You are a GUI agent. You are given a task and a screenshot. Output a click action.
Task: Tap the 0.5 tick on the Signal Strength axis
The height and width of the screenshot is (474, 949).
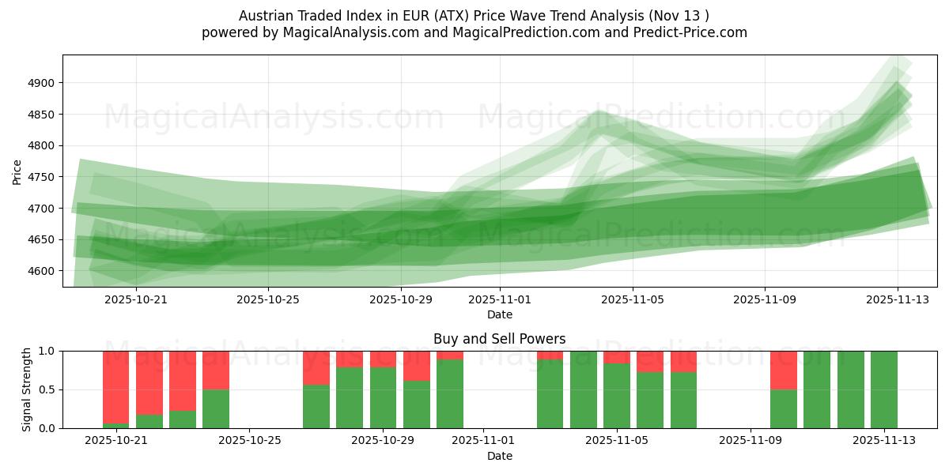(x=47, y=389)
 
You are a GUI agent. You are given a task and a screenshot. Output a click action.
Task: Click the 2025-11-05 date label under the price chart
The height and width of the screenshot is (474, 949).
(x=632, y=300)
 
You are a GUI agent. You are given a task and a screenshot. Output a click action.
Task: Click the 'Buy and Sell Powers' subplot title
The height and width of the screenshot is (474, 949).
(x=499, y=339)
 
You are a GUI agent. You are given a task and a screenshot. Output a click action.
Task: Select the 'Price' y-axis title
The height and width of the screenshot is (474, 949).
(x=17, y=171)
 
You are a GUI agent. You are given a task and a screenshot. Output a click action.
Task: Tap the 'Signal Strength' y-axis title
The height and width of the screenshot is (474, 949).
(x=26, y=389)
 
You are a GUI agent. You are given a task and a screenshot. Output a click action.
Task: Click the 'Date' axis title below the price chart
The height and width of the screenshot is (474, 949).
(x=499, y=314)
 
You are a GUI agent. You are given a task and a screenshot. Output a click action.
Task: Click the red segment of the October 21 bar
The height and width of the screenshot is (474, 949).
(x=116, y=375)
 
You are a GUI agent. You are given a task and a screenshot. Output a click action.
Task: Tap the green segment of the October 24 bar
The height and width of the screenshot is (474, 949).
(x=216, y=408)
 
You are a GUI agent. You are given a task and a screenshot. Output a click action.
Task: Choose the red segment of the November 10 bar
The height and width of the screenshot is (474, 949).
(x=783, y=370)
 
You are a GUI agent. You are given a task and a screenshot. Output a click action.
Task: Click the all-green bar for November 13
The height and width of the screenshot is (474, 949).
(x=883, y=389)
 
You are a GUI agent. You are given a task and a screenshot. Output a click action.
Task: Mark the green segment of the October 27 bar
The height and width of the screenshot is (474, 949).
(x=316, y=406)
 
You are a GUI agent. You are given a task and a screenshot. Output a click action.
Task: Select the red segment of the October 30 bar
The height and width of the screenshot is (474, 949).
(x=416, y=366)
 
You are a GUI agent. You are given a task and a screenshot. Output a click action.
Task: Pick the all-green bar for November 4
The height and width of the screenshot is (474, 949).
(x=583, y=389)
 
